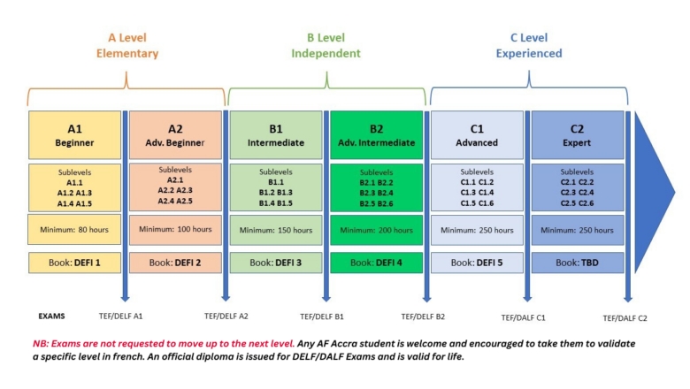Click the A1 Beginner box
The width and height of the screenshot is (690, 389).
tap(75, 135)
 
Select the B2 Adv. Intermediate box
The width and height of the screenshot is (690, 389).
tap(376, 135)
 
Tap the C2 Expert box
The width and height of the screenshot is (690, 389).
tap(578, 135)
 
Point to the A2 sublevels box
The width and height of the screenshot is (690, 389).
tap(175, 187)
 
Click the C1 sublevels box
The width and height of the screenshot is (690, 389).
tap(477, 187)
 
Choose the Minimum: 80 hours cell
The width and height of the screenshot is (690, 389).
tap(74, 230)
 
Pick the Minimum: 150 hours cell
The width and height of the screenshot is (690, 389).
tap(276, 230)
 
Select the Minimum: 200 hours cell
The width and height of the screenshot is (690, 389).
tap(376, 230)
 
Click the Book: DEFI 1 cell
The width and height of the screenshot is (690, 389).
tap(75, 263)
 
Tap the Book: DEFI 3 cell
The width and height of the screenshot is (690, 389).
tap(276, 263)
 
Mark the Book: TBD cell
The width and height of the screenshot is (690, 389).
tap(578, 263)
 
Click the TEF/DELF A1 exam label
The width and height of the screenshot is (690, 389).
tap(120, 316)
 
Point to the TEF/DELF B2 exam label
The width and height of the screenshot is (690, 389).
tap(423, 317)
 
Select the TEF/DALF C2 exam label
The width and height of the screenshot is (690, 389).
tap(625, 318)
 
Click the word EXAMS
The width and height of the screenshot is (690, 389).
tap(51, 316)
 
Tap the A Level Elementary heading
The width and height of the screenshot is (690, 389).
tap(127, 45)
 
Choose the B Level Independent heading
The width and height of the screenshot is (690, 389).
tap(326, 45)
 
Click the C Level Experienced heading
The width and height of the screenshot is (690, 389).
tap(529, 45)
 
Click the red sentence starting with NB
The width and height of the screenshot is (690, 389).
tap(164, 344)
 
